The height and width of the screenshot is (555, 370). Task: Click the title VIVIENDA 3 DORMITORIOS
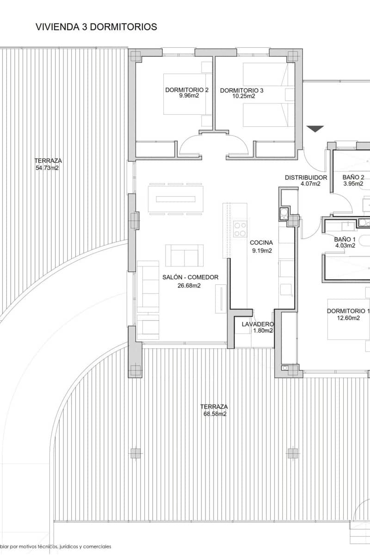click(x=96, y=27)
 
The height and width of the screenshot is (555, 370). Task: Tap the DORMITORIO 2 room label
click(x=187, y=90)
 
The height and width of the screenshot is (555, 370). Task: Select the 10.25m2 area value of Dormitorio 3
click(x=244, y=96)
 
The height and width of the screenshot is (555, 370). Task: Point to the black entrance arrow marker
click(x=315, y=129)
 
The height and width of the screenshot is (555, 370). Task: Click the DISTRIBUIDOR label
click(x=306, y=178)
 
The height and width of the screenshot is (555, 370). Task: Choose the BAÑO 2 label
click(x=353, y=177)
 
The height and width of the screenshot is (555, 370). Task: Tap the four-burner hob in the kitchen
click(x=240, y=229)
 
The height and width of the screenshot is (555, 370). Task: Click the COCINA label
click(x=261, y=242)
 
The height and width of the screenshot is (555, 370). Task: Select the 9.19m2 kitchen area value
click(x=262, y=251)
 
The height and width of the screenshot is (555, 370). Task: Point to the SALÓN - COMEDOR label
click(x=191, y=277)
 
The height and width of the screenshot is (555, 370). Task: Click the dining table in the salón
click(x=176, y=199)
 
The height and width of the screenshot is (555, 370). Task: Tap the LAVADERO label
click(x=258, y=324)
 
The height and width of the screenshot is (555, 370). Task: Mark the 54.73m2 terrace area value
click(x=47, y=168)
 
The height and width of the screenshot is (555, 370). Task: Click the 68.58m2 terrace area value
click(x=215, y=414)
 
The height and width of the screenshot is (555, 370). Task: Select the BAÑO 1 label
click(x=345, y=240)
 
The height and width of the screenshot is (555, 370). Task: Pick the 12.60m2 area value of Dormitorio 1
click(x=348, y=318)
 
